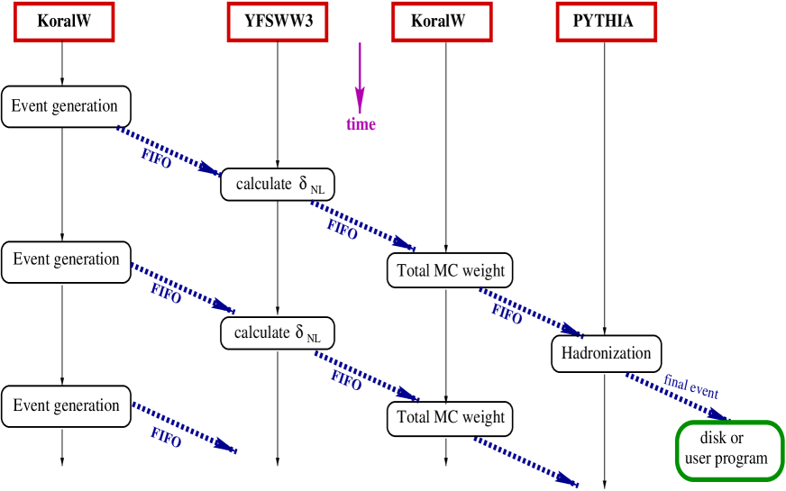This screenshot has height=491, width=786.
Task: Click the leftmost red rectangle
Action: pyautogui.click(x=64, y=22)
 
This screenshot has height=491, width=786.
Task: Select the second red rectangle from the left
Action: pyautogui.click(x=278, y=22)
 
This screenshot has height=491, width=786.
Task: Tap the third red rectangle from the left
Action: pyautogui.click(x=442, y=22)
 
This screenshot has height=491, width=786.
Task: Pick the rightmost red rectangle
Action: pyautogui.click(x=606, y=22)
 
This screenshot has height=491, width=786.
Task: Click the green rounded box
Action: pyautogui.click(x=729, y=450)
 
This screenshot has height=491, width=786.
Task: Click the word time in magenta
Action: pyautogui.click(x=361, y=124)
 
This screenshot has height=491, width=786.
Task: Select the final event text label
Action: pyautogui.click(x=691, y=387)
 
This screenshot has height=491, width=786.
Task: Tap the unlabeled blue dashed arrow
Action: pyautogui.click(x=526, y=461)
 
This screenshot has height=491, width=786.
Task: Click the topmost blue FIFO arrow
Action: pyautogui.click(x=169, y=150)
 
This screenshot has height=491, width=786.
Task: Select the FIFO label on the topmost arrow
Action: pyautogui.click(x=156, y=160)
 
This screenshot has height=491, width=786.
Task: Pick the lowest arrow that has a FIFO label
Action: pyautogui.click(x=184, y=427)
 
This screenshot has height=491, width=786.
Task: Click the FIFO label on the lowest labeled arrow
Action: pyautogui.click(x=166, y=439)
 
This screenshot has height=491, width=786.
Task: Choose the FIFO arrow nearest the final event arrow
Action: pyautogui.click(x=530, y=311)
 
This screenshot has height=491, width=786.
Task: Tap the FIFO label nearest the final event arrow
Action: pyautogui.click(x=506, y=315)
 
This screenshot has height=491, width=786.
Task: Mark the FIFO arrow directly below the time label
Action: pyautogui.click(x=362, y=225)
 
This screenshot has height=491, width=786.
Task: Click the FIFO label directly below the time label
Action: pyautogui.click(x=342, y=231)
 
